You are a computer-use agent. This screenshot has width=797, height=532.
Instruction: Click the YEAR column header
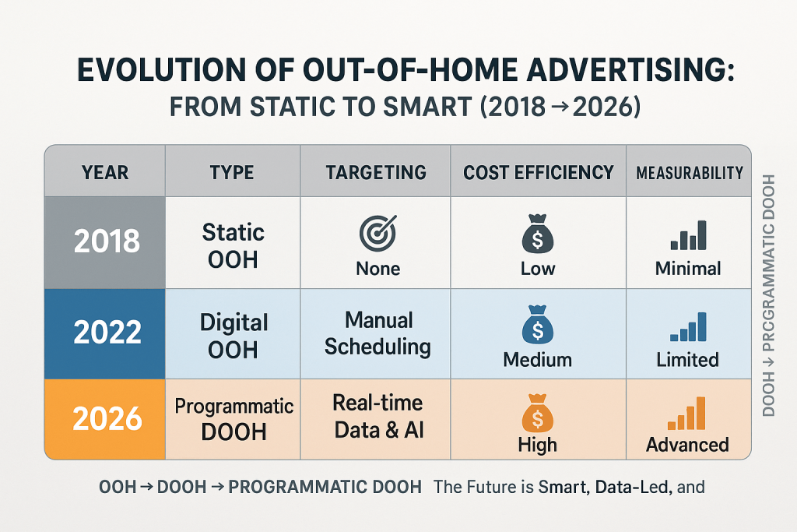pyautogui.click(x=104, y=172)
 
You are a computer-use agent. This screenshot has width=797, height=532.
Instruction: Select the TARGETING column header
pyautogui.click(x=376, y=172)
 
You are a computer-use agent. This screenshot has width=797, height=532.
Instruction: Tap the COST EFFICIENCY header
pyautogui.click(x=539, y=172)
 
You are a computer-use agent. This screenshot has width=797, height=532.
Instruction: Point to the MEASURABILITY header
pyautogui.click(x=689, y=173)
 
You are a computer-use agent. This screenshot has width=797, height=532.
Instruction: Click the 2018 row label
pyautogui.click(x=106, y=241)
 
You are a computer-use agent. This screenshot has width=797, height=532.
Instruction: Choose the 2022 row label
pyautogui.click(x=106, y=333)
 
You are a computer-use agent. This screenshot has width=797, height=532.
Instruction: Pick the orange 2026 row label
pyautogui.click(x=106, y=419)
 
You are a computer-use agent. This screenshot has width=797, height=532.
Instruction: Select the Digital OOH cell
pyautogui.click(x=233, y=336)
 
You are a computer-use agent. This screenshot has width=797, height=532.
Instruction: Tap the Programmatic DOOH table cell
pyautogui.click(x=233, y=419)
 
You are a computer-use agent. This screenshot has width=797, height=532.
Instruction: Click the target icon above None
pyautogui.click(x=377, y=232)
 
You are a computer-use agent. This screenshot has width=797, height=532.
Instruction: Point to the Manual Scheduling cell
pyautogui.click(x=377, y=333)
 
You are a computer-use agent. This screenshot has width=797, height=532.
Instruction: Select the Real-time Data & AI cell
pyautogui.click(x=377, y=416)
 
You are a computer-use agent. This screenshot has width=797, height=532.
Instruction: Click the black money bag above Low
pyautogui.click(x=538, y=236)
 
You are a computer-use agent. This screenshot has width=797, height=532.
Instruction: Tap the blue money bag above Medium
pyautogui.click(x=538, y=327)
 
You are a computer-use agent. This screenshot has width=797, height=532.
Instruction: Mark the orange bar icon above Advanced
pyautogui.click(x=688, y=414)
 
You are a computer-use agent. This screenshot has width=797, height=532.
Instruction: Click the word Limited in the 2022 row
pyautogui.click(x=688, y=360)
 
